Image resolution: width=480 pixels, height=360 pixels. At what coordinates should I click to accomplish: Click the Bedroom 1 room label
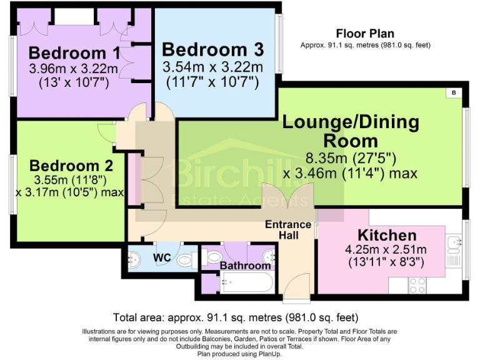tap(74, 52)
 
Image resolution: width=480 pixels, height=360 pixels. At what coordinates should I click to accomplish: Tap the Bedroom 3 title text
tap(212, 49)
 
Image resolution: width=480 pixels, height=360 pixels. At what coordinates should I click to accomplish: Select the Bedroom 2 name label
tap(71, 166)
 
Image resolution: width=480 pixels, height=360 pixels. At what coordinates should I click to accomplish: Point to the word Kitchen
tap(387, 236)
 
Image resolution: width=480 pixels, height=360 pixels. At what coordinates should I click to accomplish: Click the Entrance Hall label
tap(288, 229)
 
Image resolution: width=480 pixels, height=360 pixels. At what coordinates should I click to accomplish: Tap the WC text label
tap(162, 257)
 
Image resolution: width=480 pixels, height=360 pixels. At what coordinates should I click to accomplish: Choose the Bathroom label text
tap(245, 266)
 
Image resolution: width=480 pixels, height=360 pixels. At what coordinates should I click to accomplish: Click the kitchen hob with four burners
tap(416, 285)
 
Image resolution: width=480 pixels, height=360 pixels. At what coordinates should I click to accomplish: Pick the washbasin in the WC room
tap(134, 257)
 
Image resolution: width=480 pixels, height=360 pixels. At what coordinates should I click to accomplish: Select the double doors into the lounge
tap(286, 195)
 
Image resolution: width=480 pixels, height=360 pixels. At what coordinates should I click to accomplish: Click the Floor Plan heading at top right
tap(365, 34)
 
